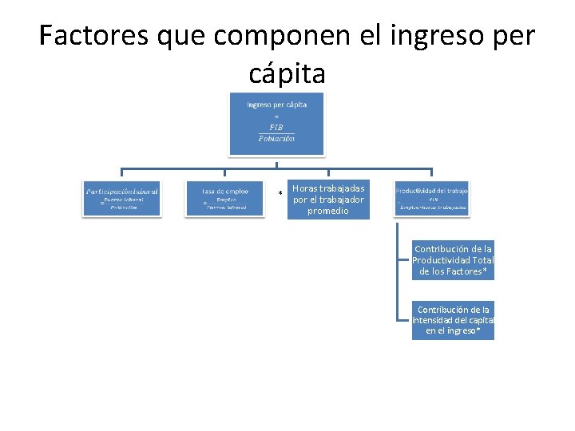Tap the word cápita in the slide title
287,73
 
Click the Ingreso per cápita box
276,124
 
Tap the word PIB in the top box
276,127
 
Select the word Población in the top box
276,138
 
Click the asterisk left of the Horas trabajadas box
280,195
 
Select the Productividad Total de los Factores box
453,259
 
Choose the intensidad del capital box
453,319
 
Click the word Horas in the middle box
304,188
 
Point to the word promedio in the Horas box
328,211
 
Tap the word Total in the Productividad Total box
482,260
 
